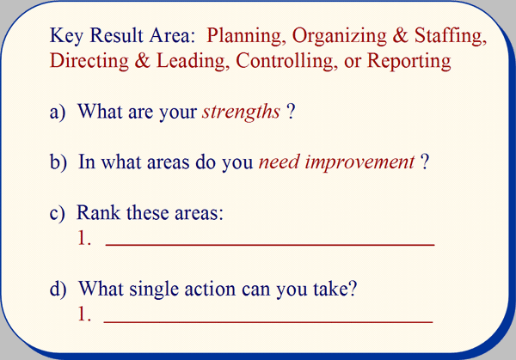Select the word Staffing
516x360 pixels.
[450, 36]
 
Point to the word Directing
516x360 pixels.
[89, 62]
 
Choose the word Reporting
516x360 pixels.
[408, 62]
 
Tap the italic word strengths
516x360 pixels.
[241, 112]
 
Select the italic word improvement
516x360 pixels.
[359, 162]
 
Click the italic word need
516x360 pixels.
[279, 162]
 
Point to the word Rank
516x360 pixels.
[98, 212]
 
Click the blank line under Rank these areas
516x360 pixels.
[270, 245]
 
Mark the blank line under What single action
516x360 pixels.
[268, 322]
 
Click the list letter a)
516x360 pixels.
[58, 113]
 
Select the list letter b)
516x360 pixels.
[58, 162]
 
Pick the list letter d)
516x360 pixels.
[58, 289]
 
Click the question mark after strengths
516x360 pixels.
[291, 112]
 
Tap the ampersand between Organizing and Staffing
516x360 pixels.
[400, 35]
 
